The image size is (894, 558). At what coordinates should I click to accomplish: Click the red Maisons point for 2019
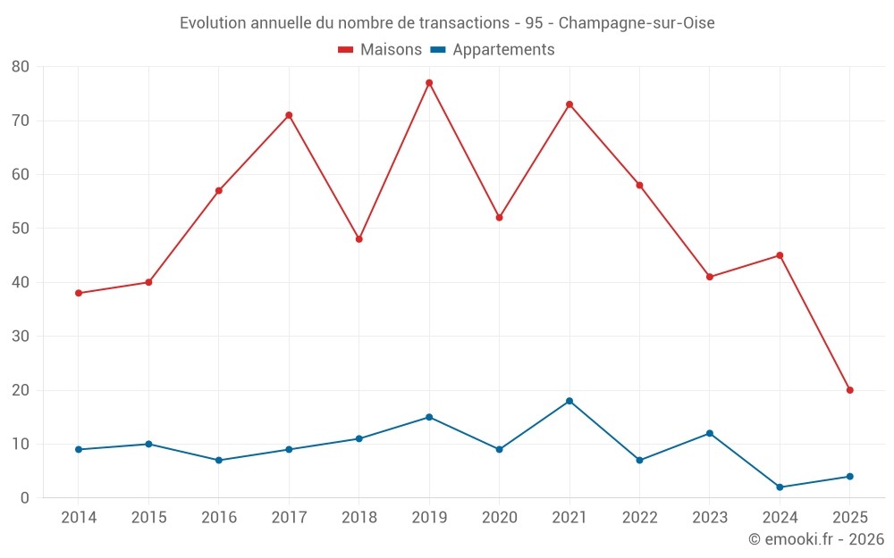(429, 83)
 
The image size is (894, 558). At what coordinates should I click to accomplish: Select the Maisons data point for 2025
(849, 390)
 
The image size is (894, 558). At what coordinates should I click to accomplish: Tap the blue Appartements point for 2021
(569, 401)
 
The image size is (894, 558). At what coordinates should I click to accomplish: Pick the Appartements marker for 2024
(780, 487)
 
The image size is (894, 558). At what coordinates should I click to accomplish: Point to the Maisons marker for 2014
(79, 293)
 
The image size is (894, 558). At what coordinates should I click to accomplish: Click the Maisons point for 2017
(289, 115)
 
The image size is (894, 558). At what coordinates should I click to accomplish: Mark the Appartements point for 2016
(219, 460)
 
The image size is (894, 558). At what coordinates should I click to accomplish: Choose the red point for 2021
(569, 104)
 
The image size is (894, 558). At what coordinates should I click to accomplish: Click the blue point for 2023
(710, 433)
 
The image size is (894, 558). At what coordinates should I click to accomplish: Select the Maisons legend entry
(380, 50)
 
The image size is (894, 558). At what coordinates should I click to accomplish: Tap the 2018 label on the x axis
(358, 518)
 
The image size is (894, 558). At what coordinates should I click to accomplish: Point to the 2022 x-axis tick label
(639, 518)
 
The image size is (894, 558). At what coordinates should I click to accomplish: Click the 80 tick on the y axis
(21, 67)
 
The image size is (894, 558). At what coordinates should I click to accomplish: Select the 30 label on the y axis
(21, 337)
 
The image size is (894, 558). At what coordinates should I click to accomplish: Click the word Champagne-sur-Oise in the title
(637, 23)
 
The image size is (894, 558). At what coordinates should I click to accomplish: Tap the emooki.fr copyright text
(815, 539)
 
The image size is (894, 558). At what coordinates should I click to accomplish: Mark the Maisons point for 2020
(499, 218)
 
